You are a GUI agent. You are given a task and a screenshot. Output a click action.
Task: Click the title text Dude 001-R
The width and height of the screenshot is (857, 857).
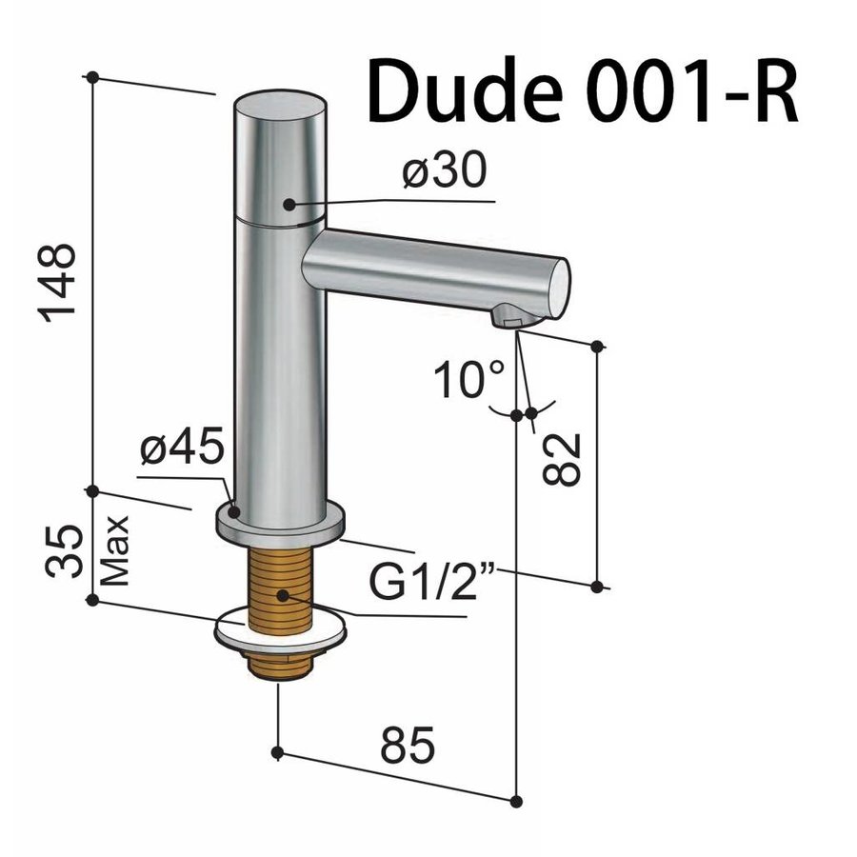(x=582, y=92)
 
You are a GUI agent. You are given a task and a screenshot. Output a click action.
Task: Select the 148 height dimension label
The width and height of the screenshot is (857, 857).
(x=63, y=283)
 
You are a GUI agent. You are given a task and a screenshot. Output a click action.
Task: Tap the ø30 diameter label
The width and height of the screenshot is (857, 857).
(x=444, y=172)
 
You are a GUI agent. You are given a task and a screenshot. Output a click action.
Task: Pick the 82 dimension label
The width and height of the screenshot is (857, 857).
(x=564, y=458)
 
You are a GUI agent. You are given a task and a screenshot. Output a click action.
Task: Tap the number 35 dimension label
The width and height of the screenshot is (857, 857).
(x=63, y=551)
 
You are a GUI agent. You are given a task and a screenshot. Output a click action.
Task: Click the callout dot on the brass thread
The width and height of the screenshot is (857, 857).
(x=282, y=597)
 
